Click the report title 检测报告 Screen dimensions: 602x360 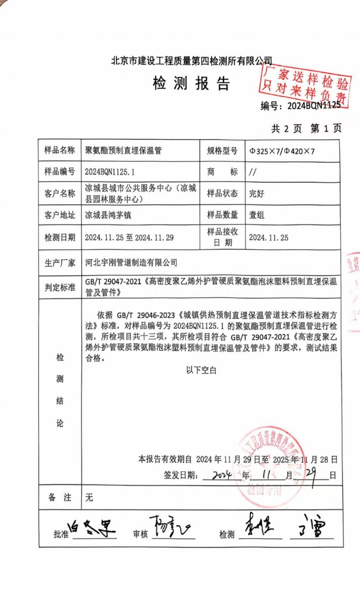191,84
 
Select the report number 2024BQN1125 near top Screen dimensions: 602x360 314,106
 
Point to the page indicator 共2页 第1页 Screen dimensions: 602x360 306,128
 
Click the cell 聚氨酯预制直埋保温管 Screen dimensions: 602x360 123,150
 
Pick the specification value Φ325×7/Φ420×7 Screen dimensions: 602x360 282,151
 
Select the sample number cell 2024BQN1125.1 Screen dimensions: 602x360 110,172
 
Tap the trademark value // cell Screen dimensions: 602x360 253,172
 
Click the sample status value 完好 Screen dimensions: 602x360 257,193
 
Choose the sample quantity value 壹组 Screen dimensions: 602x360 257,215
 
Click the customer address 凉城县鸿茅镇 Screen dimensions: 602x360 108,215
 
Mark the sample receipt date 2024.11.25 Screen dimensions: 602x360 269,237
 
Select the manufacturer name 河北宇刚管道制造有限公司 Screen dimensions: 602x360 131,263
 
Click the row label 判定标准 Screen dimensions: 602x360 60,287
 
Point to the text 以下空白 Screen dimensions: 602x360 201,370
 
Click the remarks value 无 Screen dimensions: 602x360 89,498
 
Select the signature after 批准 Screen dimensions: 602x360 94,529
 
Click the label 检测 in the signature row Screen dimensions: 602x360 227,535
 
